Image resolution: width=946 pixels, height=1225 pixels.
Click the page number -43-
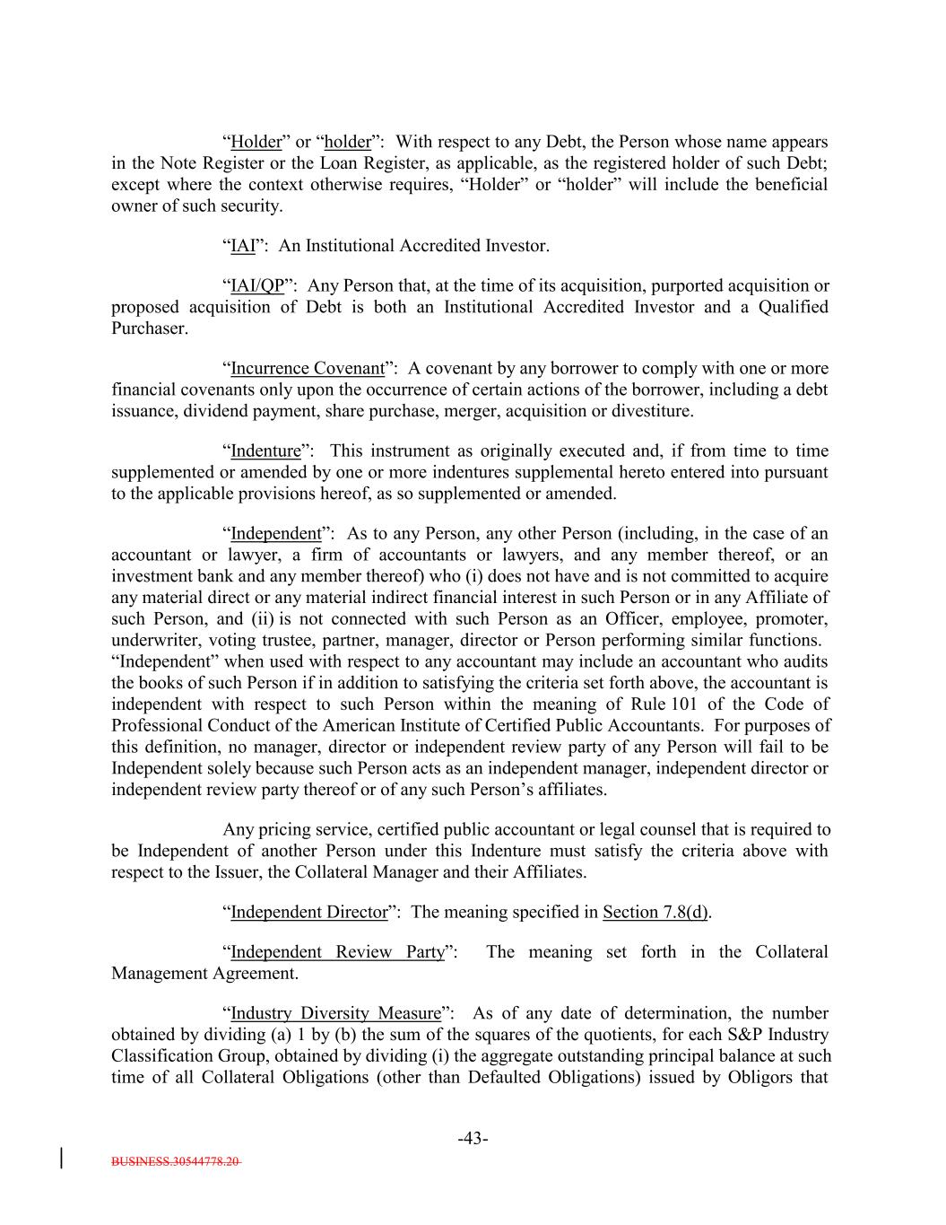[x=473, y=1139]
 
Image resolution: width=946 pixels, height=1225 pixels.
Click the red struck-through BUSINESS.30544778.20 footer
[x=176, y=1161]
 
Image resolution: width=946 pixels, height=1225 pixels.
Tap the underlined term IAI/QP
[x=257, y=286]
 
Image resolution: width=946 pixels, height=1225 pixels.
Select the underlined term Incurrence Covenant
[x=308, y=369]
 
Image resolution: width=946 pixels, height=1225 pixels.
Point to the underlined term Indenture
[x=265, y=451]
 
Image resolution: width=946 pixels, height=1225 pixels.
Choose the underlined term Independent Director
[x=308, y=913]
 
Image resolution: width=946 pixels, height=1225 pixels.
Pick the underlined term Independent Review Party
[x=337, y=952]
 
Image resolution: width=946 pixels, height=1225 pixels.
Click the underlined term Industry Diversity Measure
[x=335, y=1013]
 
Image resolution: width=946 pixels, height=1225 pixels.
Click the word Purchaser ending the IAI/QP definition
[x=149, y=328]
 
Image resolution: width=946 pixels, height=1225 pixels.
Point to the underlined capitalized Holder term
[x=256, y=143]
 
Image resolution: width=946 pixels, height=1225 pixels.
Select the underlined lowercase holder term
[x=347, y=143]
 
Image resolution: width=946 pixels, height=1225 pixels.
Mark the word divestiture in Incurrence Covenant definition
[x=652, y=412]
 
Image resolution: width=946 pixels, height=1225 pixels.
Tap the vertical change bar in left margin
[x=61, y=1157]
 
